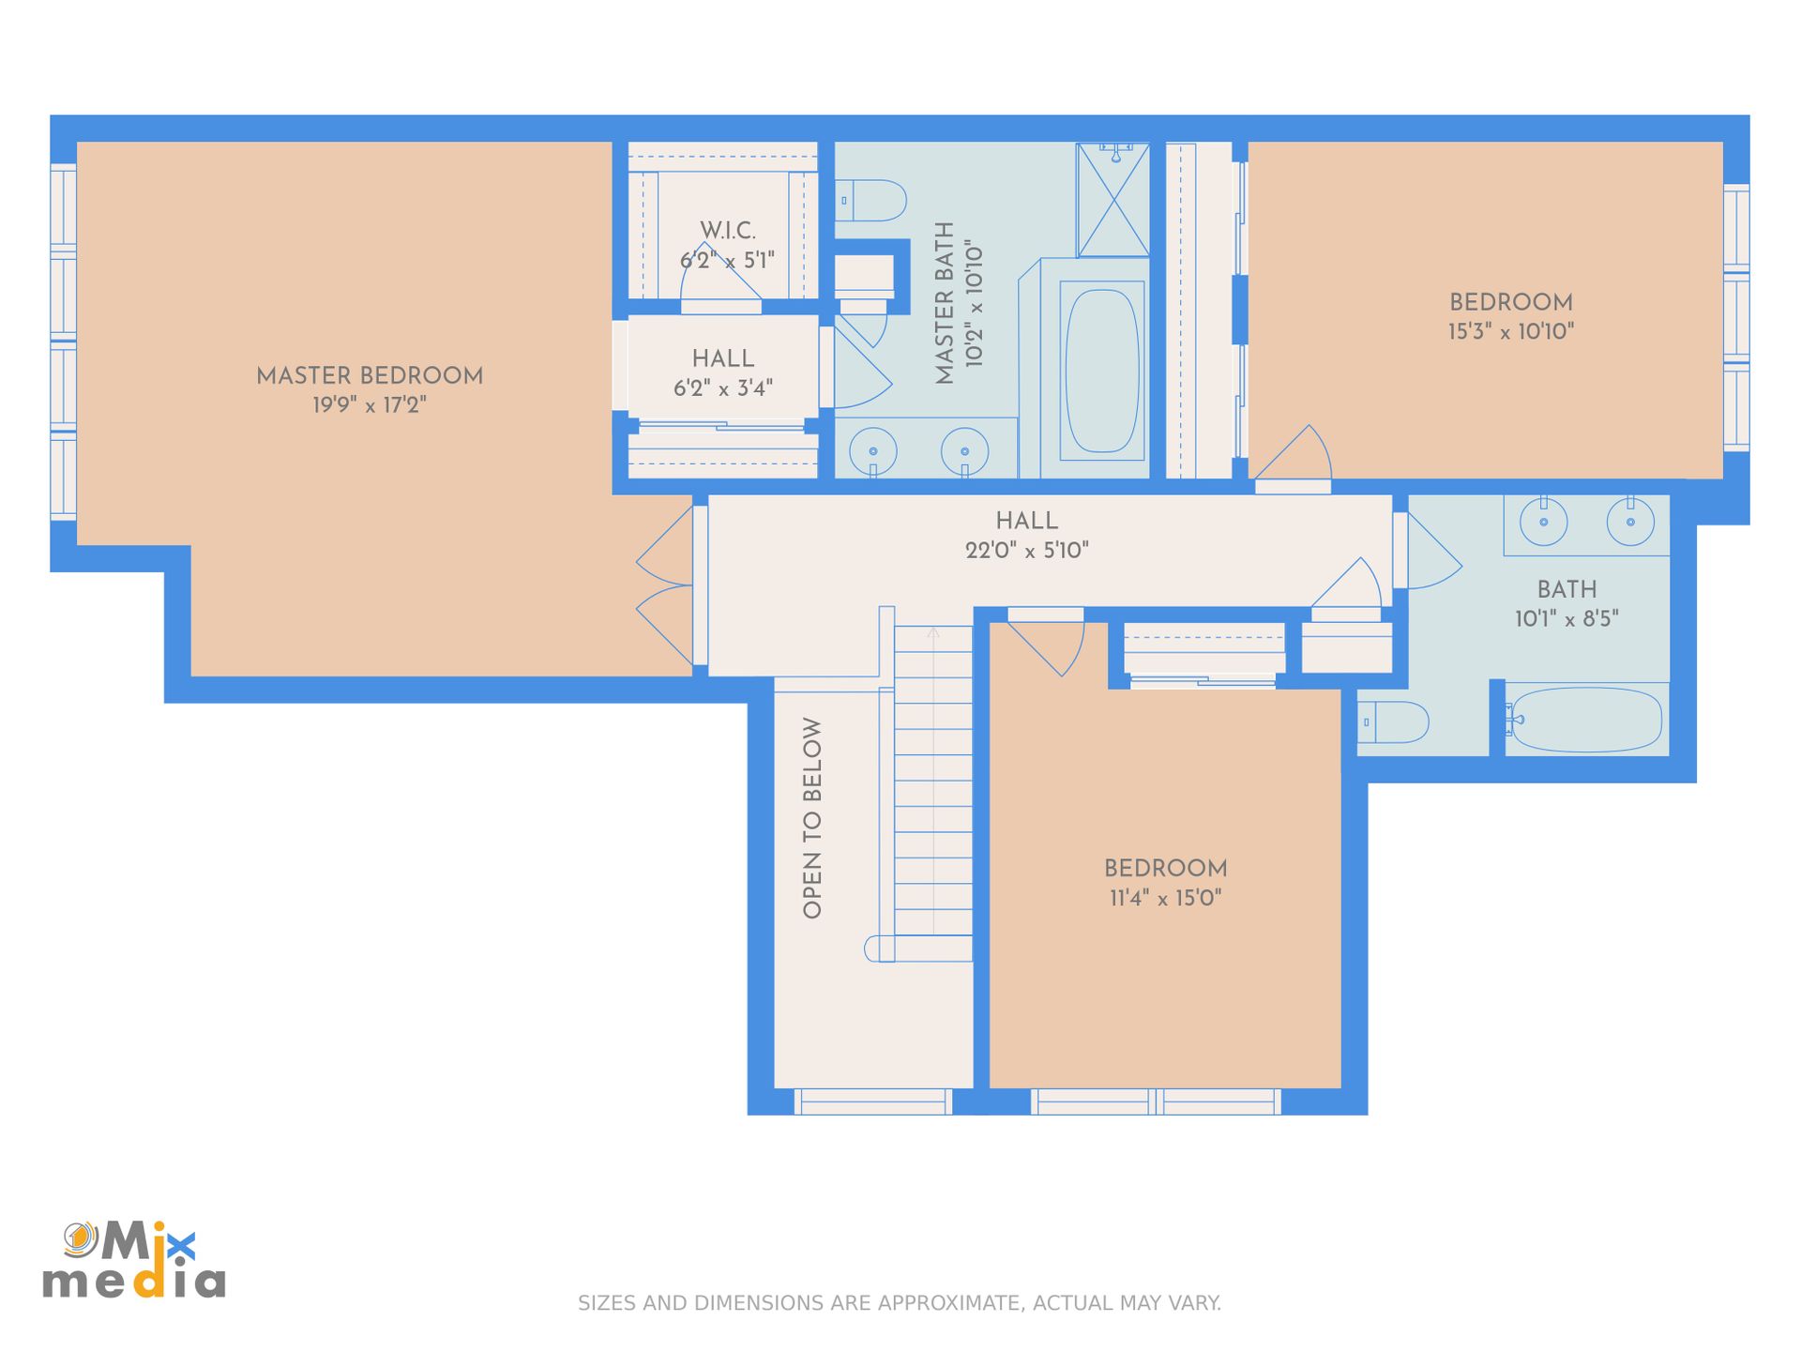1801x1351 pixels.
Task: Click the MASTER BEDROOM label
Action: (370, 375)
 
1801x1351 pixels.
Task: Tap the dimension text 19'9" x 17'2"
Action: (370, 404)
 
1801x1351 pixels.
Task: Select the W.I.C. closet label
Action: (728, 230)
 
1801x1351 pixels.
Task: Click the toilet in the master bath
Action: (870, 201)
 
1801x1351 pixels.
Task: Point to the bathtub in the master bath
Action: (1102, 371)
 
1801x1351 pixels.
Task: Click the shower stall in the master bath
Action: (1112, 199)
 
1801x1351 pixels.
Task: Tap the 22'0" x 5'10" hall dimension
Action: (1027, 550)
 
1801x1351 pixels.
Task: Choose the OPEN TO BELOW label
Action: (812, 818)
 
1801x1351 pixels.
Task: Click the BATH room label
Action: (1566, 589)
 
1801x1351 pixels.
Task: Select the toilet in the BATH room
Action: (1393, 722)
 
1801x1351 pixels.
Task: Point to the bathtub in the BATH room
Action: (1586, 721)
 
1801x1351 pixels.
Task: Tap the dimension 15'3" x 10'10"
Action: (1511, 331)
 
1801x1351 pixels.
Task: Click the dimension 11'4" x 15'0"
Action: (1166, 898)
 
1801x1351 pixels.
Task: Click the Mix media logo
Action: (134, 1260)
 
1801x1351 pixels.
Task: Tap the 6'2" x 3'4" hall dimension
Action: (723, 387)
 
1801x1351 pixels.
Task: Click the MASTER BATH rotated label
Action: (945, 303)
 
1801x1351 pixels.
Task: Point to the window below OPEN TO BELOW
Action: (873, 1101)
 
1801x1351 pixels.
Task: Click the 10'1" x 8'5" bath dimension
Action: (1566, 618)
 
